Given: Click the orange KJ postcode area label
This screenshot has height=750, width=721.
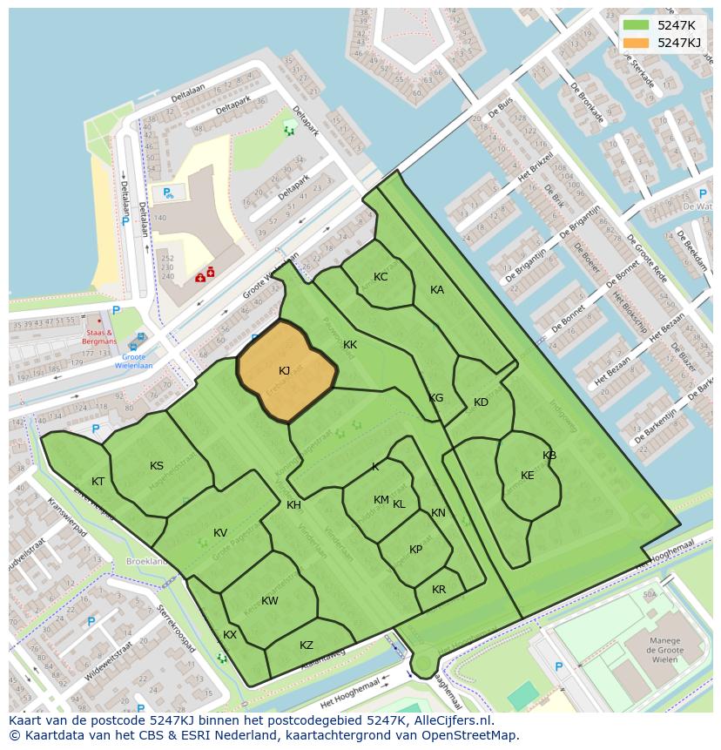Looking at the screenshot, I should click(x=285, y=371).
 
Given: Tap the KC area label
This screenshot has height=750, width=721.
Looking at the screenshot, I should click(x=381, y=277).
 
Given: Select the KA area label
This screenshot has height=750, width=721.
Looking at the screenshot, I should click(x=437, y=290).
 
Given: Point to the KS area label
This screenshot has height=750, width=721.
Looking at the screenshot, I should click(x=157, y=466).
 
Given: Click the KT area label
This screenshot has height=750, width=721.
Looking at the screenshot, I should click(x=98, y=482).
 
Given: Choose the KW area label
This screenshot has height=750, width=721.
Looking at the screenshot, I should click(x=270, y=601).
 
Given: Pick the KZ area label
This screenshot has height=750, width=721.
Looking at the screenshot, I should click(x=307, y=645).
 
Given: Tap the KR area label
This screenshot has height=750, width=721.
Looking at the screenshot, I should click(x=439, y=590).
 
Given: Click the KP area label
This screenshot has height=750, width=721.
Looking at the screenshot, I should click(x=416, y=550).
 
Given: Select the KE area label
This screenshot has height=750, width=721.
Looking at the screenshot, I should click(x=528, y=476).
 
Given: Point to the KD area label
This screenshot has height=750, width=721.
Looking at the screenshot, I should click(x=481, y=402).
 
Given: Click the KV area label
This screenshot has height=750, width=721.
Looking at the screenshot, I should click(x=220, y=533).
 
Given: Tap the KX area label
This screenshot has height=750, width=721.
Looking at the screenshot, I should click(x=230, y=635).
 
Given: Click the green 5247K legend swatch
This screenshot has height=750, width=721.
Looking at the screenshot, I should click(x=636, y=24).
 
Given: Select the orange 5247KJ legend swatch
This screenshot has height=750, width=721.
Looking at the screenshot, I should click(x=636, y=43).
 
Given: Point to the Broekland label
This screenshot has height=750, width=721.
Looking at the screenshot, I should click(x=146, y=562).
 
